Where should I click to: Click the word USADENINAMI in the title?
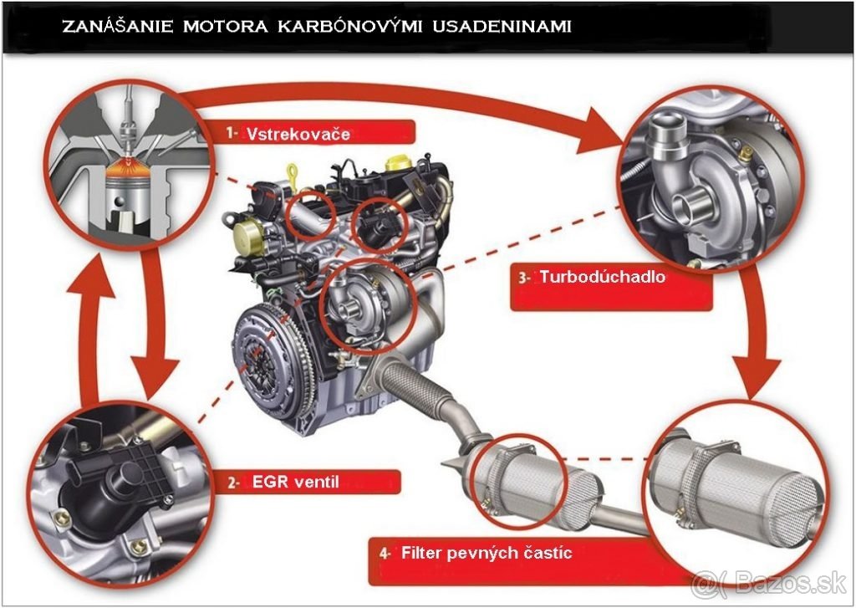point(501,26)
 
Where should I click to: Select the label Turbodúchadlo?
point(603,277)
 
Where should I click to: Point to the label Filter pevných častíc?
point(486,553)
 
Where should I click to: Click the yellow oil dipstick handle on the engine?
point(293,174)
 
